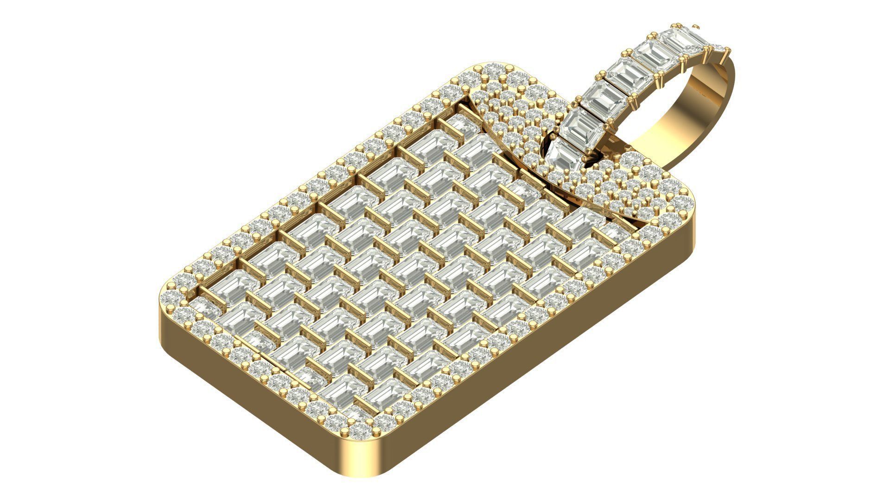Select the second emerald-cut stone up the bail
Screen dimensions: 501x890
(585, 124)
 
